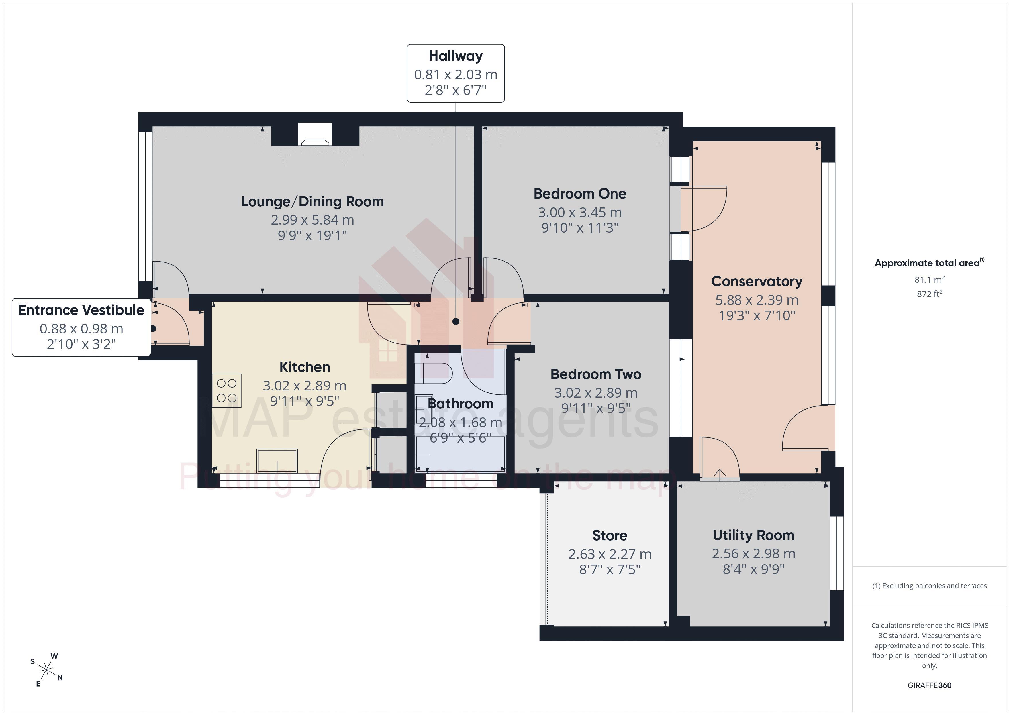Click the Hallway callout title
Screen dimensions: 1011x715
coord(455,56)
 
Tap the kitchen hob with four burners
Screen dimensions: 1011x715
coord(227,390)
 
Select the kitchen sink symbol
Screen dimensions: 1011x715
coord(277,461)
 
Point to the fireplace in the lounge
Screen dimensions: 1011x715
coord(315,135)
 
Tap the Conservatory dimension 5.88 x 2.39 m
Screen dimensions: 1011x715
coord(757,300)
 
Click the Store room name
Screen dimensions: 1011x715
coord(610,535)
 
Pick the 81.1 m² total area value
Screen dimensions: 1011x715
coord(930,280)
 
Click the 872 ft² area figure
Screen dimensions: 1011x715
coord(930,294)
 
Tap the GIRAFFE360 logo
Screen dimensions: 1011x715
coord(930,685)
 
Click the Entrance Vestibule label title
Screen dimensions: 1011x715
coord(81,310)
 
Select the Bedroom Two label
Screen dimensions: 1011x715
coord(596,374)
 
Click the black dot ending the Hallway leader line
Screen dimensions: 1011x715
coord(456,321)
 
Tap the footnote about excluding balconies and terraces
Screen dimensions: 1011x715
coord(930,586)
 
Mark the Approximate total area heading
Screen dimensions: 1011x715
coord(930,263)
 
